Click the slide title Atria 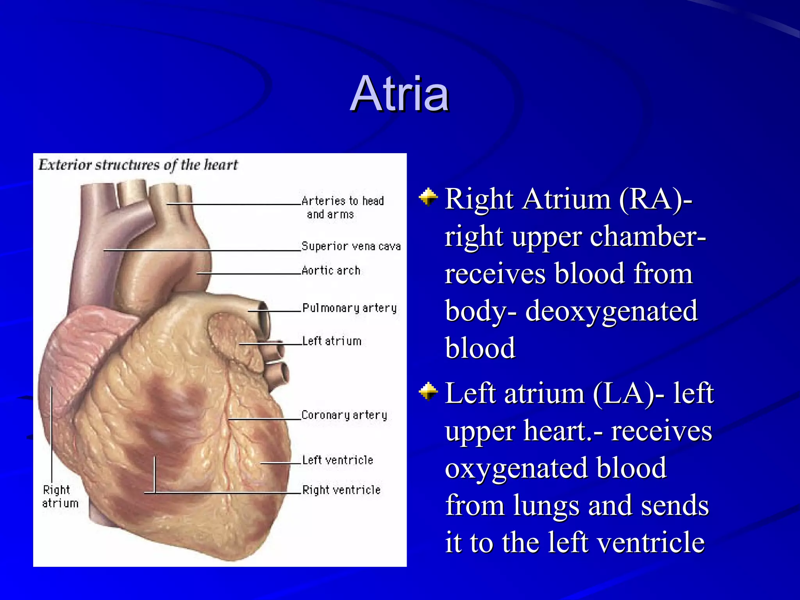pyautogui.click(x=400, y=94)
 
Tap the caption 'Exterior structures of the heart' pyautogui.click(x=138, y=165)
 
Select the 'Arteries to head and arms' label pyautogui.click(x=342, y=207)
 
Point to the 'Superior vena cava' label pyautogui.click(x=351, y=246)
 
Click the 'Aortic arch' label pyautogui.click(x=331, y=270)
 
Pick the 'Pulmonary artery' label pyautogui.click(x=350, y=308)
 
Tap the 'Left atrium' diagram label pyautogui.click(x=332, y=341)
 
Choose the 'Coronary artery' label pyautogui.click(x=344, y=415)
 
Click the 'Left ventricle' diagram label pyautogui.click(x=337, y=460)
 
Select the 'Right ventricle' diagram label pyautogui.click(x=341, y=490)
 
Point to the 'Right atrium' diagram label pyautogui.click(x=60, y=496)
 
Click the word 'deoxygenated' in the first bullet pyautogui.click(x=611, y=311)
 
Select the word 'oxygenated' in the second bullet pyautogui.click(x=555, y=468)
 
